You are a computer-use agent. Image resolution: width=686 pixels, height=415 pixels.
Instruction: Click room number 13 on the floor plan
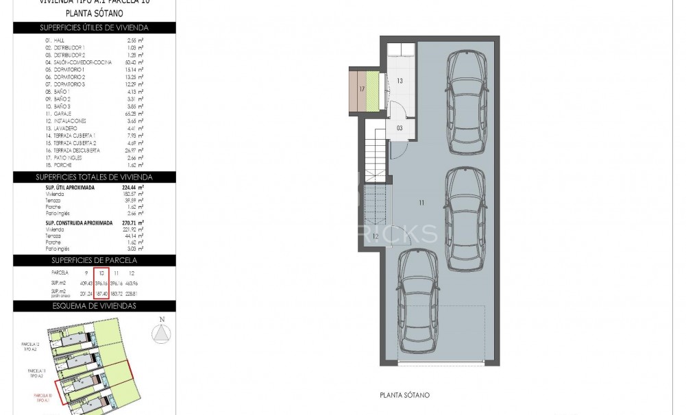coord(399,81)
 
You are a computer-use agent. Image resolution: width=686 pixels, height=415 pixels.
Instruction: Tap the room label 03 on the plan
coord(399,128)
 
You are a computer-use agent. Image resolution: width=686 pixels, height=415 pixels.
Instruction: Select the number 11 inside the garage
coord(422,202)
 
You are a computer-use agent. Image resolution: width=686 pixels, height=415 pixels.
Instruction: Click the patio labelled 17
coord(361,89)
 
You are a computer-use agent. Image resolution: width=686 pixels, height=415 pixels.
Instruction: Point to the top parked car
coord(465,105)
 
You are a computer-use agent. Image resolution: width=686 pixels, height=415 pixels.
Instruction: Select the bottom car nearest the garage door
coord(417,303)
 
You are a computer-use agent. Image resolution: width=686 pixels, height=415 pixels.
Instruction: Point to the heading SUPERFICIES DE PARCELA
coord(95,260)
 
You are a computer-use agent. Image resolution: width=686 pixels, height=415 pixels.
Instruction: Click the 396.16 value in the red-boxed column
coord(101,283)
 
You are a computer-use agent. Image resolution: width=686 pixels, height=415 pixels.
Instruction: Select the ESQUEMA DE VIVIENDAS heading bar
coord(95,305)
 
